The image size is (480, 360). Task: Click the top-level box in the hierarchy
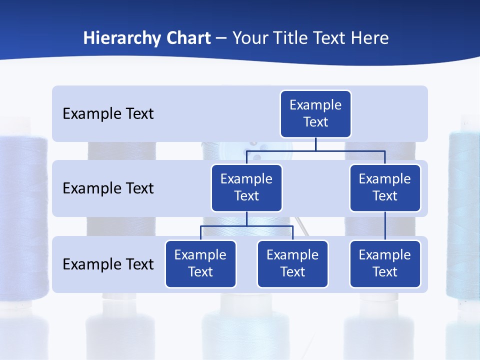315,114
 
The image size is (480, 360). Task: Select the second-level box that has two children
246,188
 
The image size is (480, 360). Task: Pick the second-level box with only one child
385,188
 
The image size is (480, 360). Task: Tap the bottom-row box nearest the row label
200,264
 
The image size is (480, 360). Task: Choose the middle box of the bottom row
292,264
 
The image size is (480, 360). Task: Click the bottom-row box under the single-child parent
385,264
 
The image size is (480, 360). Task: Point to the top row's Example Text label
108,114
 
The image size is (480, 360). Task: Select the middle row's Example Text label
108,188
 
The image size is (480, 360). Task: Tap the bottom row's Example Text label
108,264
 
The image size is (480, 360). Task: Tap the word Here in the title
370,38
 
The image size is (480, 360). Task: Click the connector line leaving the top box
315,144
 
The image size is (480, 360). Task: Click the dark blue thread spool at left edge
22,215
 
